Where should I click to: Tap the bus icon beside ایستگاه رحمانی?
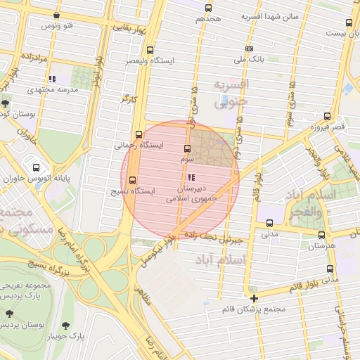click(139, 134)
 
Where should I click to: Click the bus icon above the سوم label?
click(187, 148)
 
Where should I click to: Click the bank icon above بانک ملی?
click(249, 49)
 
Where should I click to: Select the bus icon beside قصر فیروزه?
click(327, 116)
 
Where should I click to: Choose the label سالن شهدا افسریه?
click(270, 15)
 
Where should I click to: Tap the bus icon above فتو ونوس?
click(56, 15)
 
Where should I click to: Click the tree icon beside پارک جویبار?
click(65, 326)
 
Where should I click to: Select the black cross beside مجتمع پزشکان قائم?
click(254, 298)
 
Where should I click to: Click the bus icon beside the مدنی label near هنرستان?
click(269, 224)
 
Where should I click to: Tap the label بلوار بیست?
click(330, 33)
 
